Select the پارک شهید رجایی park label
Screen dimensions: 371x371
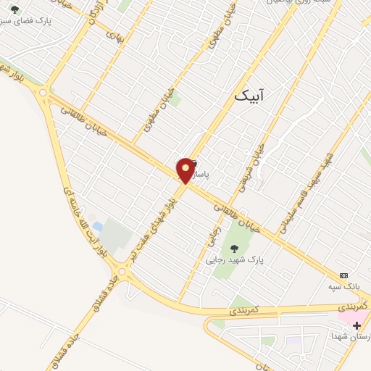click(x=234, y=259)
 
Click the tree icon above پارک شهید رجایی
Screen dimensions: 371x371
click(x=233, y=248)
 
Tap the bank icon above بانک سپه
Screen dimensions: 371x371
click(x=343, y=276)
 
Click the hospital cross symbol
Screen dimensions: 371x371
click(x=356, y=326)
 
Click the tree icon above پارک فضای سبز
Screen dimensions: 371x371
click(x=15, y=9)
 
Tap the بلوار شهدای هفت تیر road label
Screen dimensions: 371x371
click(x=154, y=225)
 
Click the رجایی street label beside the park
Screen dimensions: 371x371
click(x=215, y=228)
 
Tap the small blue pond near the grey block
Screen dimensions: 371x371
click(x=98, y=228)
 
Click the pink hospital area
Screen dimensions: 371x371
click(x=347, y=317)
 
